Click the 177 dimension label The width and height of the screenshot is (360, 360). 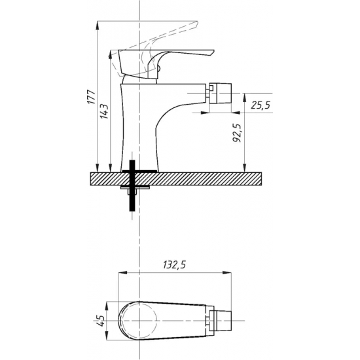[92, 97]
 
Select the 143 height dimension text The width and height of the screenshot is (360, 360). [104, 111]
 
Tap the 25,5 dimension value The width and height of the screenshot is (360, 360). [261, 105]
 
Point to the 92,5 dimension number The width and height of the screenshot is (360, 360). [237, 133]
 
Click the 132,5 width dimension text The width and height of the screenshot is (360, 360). [174, 265]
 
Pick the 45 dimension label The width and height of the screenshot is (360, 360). [101, 321]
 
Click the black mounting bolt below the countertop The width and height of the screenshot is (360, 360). [132, 185]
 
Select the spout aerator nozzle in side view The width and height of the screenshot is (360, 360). [220, 93]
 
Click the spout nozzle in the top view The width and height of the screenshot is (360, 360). [221, 321]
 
